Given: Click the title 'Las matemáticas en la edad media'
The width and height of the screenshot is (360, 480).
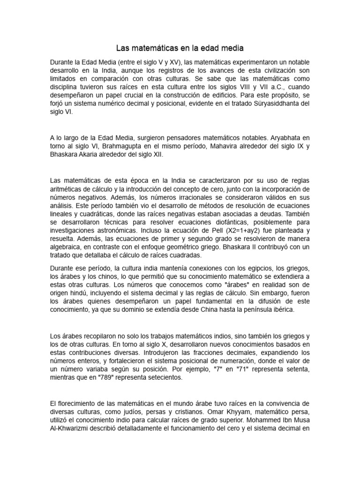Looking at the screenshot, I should point(180,48).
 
